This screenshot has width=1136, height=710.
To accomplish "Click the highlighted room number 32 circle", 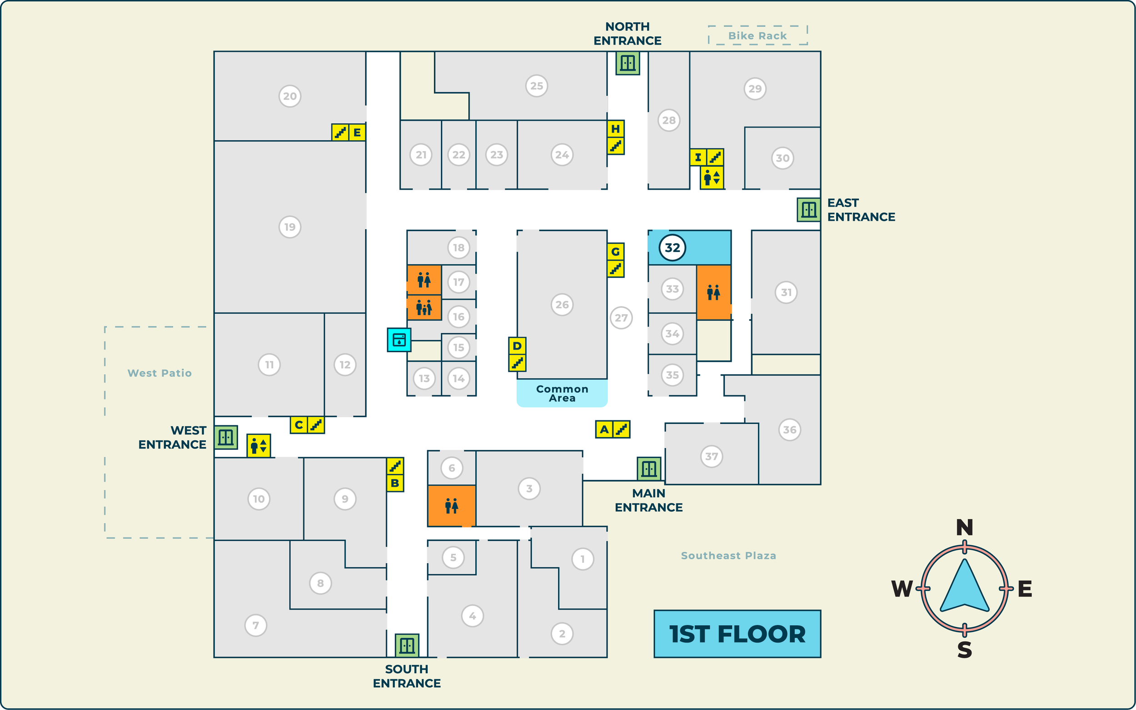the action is (x=672, y=247).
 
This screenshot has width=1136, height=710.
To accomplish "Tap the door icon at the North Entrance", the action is (x=628, y=63).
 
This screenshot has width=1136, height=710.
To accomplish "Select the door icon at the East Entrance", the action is (x=808, y=209).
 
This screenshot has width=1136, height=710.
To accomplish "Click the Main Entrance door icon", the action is (x=648, y=468).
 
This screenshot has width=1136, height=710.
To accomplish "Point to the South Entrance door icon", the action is (x=407, y=645).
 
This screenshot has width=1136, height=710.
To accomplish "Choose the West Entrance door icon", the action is (x=225, y=437).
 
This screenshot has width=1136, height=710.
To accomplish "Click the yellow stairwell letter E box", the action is (x=357, y=133).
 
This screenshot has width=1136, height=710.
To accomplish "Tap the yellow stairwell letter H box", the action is (x=615, y=128).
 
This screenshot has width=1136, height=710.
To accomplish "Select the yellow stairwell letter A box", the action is (x=604, y=429).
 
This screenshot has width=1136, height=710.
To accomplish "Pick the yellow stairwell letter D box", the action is (x=517, y=346).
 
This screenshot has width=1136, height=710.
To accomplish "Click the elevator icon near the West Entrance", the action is (x=259, y=445).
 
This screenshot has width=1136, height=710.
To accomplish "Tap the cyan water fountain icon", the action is (x=399, y=340).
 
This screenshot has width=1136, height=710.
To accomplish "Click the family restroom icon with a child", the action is (x=424, y=308).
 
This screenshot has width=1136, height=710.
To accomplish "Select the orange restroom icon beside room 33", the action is (x=713, y=292).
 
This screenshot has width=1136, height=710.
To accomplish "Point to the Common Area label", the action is (x=562, y=393).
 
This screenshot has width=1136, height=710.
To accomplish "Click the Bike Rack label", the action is (x=757, y=36).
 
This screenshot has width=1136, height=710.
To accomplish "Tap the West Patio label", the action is (x=159, y=373).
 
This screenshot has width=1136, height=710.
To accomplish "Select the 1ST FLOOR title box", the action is (x=737, y=634).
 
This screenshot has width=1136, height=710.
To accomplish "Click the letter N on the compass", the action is (x=964, y=528).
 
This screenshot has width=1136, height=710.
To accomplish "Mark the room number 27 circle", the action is (x=621, y=318).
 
